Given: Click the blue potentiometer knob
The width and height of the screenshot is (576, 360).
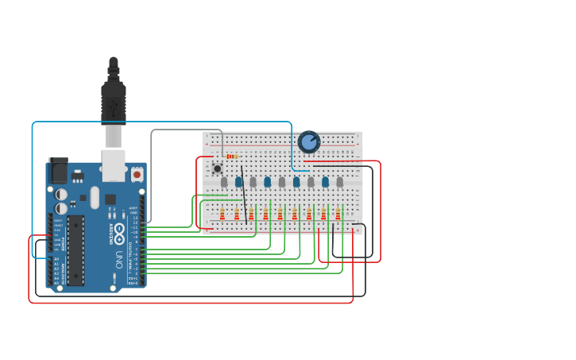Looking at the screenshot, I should (308, 141).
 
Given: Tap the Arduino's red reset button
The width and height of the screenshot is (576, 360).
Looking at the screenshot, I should (137, 174).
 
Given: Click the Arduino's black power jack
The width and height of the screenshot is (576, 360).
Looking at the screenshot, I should (58, 171).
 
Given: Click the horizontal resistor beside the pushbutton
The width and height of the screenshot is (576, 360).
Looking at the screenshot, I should (232, 157).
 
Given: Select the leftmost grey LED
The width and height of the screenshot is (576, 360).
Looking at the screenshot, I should (224, 182).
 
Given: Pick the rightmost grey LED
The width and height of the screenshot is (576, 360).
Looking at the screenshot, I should (339, 182).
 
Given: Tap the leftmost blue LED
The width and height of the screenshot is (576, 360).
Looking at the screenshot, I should (238, 182).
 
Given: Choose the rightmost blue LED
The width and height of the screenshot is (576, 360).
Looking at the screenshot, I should (325, 182).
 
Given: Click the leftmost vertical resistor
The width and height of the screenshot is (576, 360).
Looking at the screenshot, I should (222, 214).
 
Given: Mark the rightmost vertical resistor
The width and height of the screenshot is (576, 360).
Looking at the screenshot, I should (338, 214).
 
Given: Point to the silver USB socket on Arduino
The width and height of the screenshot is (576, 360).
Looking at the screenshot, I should (114, 160).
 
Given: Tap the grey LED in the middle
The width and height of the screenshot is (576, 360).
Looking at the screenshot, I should (281, 182).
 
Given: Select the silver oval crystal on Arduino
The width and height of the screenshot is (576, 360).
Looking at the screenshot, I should (95, 197).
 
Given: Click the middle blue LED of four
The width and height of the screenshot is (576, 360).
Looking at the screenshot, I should (267, 182).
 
